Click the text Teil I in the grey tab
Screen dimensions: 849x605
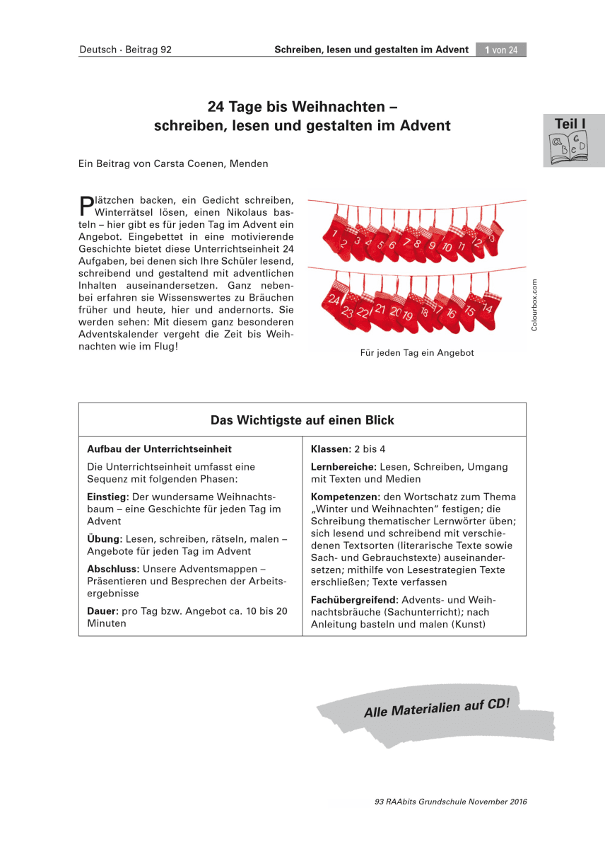570,124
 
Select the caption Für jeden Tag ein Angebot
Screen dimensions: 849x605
417,353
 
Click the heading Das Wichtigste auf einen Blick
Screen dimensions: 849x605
302,420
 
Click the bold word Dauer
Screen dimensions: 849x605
101,611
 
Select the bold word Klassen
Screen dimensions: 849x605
330,449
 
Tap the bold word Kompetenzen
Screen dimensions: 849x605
343,497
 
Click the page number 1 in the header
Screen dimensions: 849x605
488,50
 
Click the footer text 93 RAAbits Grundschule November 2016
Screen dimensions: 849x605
451,802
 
